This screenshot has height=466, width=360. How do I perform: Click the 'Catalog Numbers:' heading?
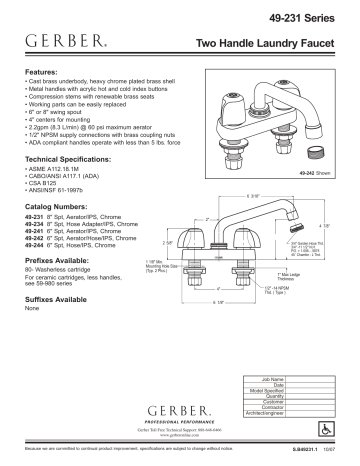pyautogui.click(x=56, y=205)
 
